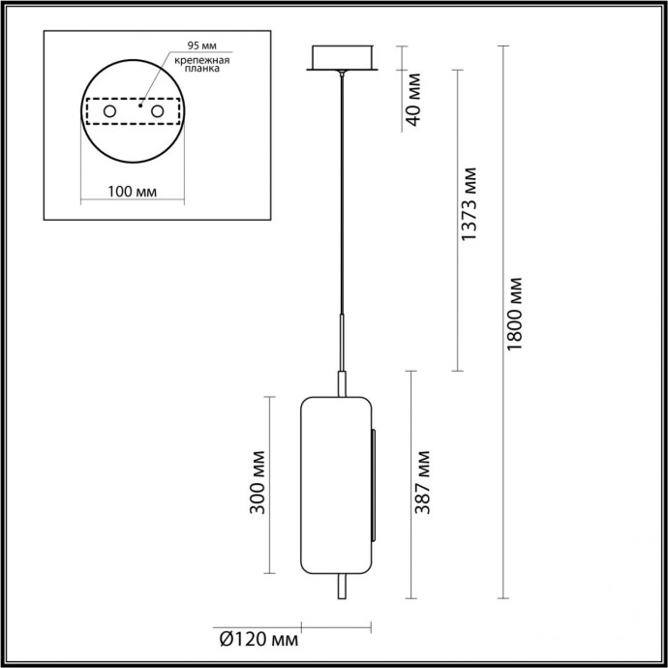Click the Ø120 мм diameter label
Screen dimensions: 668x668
pyautogui.click(x=258, y=640)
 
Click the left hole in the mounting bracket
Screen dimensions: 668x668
pyautogui.click(x=110, y=113)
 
